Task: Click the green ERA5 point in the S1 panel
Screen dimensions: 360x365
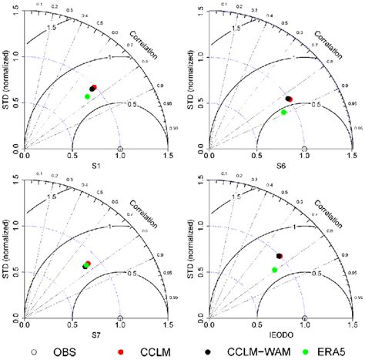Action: (x=88, y=96)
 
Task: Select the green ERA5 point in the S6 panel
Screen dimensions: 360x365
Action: (x=284, y=113)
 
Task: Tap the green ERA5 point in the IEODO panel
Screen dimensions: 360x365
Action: (x=275, y=270)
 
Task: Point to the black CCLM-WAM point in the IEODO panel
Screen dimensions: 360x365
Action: (x=278, y=255)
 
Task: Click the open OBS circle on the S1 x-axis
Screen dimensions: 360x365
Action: (x=119, y=149)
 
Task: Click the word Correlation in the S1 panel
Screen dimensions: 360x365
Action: (x=148, y=52)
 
